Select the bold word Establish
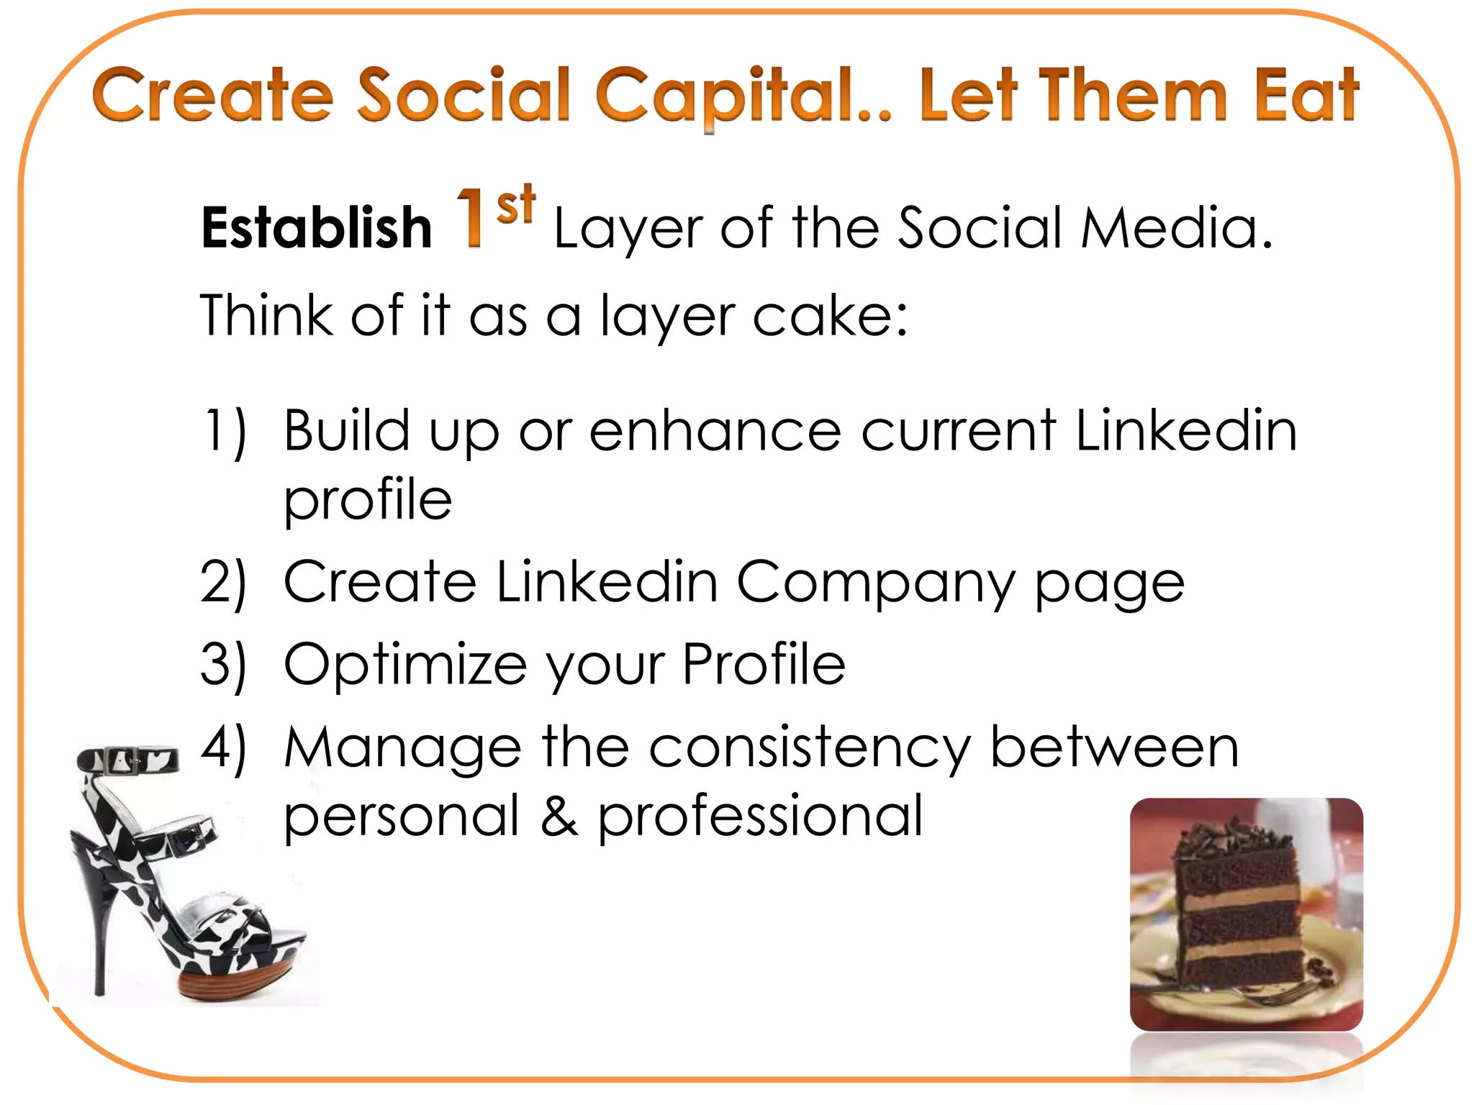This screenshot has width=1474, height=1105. coord(317,228)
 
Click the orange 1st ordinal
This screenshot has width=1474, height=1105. coord(495,215)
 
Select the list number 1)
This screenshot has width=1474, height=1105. coord(225,432)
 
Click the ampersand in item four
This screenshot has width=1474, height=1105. coord(559,817)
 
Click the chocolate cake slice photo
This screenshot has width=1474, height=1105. coord(1246,914)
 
